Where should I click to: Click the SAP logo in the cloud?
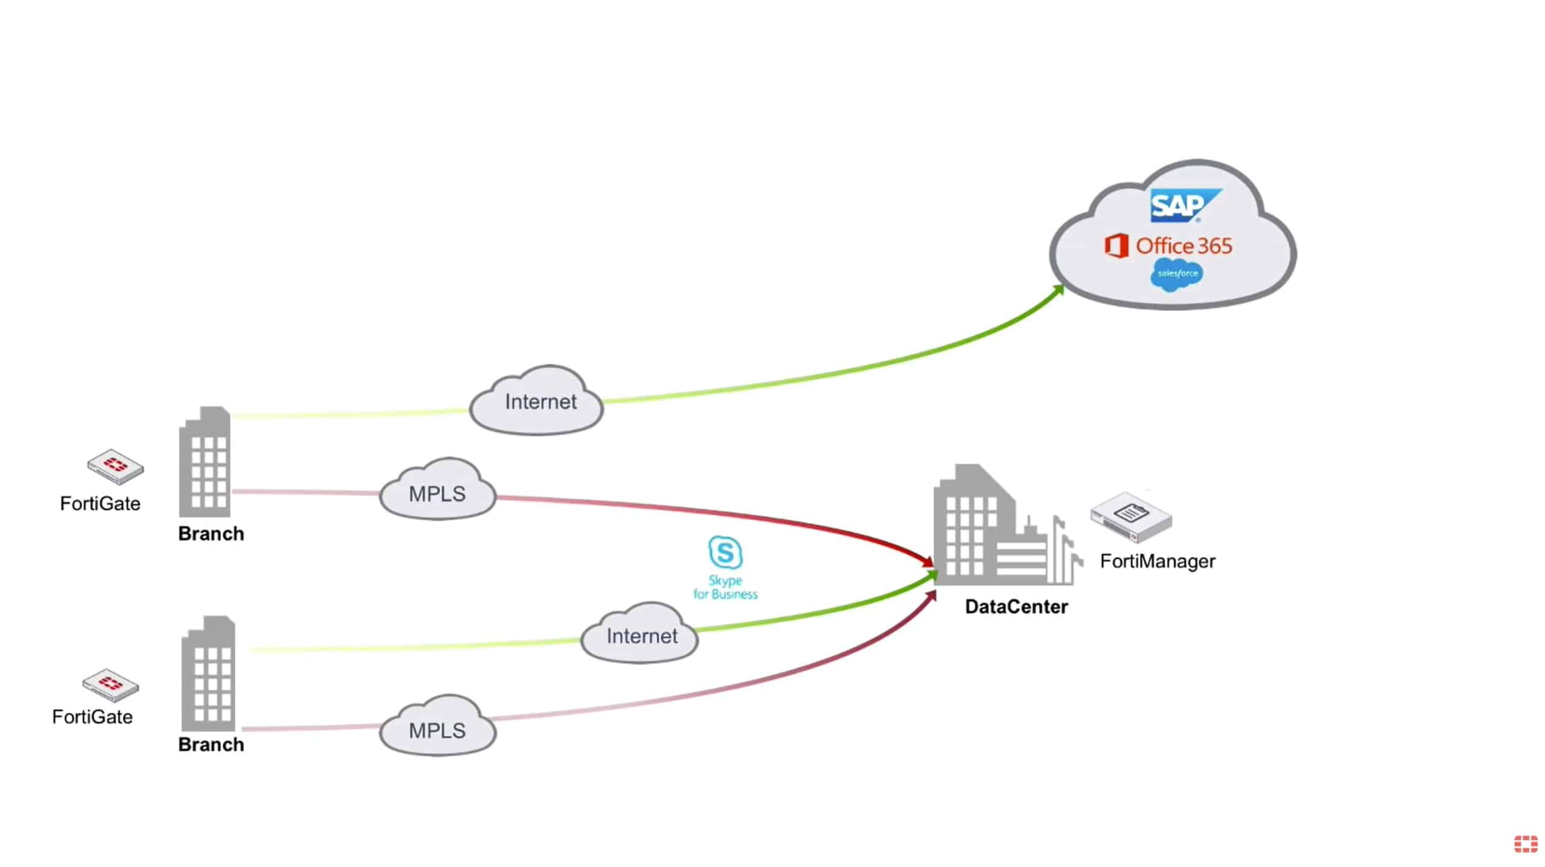1184,206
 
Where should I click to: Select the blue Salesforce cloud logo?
1177,275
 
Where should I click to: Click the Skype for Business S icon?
725,552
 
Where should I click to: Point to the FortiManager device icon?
1131,518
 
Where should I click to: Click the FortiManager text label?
1157,561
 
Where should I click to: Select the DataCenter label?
1016,607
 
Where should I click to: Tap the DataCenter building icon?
1008,524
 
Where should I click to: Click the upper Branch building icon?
204,462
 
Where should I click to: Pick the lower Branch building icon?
208,674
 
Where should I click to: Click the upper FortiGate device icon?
115,467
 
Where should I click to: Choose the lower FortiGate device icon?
110,686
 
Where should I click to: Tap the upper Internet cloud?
537,401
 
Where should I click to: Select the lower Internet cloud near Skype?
640,633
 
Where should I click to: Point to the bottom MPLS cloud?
438,726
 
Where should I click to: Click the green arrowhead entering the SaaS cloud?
1058,290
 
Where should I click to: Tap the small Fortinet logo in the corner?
1526,844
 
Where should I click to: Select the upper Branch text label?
211,534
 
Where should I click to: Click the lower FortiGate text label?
92,717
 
